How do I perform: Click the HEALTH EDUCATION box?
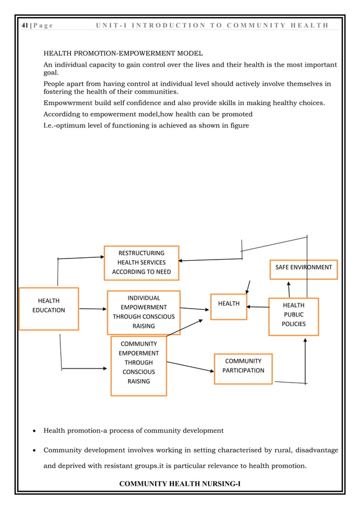click(49, 309)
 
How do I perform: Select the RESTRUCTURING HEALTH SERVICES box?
click(141, 262)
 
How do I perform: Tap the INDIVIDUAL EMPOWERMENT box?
click(143, 312)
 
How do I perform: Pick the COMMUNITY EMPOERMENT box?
click(138, 366)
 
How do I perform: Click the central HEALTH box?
click(229, 306)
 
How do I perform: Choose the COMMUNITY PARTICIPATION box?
click(243, 368)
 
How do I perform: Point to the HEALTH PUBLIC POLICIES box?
click(293, 316)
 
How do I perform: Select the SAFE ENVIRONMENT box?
click(304, 269)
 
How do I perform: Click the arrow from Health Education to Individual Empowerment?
click(93, 309)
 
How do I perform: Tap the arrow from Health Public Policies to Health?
click(258, 307)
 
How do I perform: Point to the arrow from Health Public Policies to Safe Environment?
click(288, 289)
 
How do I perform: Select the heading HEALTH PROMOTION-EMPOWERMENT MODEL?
click(124, 54)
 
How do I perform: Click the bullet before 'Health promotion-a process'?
click(35, 431)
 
